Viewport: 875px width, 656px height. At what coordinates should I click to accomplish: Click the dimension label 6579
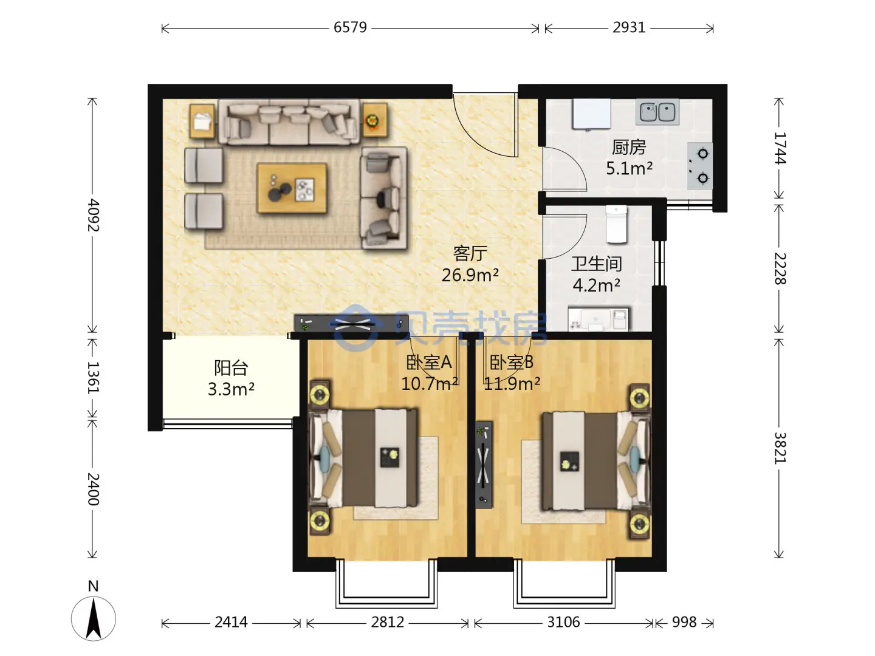(x=350, y=27)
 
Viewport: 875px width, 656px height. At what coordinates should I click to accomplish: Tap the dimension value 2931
(x=629, y=27)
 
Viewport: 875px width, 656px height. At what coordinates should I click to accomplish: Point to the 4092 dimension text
(x=93, y=215)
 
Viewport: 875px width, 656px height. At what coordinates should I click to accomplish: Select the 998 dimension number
(x=684, y=622)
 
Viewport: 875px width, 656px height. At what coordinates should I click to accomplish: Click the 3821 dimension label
(x=780, y=448)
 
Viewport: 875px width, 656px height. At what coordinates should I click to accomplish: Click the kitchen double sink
(x=657, y=112)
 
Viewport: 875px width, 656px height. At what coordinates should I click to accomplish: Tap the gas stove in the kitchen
(x=700, y=166)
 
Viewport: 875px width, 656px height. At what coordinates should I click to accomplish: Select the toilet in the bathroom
(x=616, y=224)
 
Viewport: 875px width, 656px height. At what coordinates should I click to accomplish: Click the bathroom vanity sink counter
(x=598, y=319)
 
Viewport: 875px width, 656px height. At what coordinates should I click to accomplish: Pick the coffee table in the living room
(x=292, y=188)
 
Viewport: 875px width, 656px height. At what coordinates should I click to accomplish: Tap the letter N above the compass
(x=93, y=586)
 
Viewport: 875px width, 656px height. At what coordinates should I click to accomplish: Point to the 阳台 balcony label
(x=231, y=368)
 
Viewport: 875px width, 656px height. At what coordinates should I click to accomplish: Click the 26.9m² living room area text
(x=470, y=275)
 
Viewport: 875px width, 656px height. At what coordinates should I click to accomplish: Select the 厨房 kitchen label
(x=629, y=148)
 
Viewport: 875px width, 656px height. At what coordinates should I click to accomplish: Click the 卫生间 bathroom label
(x=596, y=264)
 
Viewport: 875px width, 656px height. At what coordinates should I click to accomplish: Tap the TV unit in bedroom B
(x=484, y=465)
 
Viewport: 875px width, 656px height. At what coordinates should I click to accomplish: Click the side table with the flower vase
(x=375, y=120)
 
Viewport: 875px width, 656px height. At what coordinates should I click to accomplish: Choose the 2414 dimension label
(x=231, y=622)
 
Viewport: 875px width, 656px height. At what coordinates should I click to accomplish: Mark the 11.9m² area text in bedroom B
(x=512, y=383)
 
